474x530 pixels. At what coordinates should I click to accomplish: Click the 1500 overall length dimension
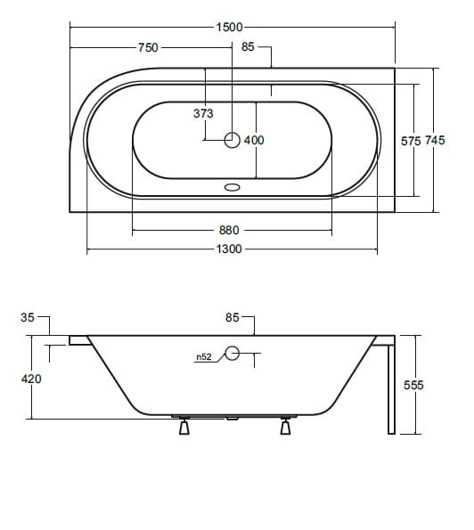coord(230,27)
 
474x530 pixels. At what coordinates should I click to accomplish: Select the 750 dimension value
coord(148,47)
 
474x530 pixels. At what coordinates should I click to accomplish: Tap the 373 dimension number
coord(203,113)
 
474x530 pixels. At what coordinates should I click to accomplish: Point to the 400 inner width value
coord(254,140)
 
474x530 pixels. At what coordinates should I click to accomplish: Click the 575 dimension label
coord(411,141)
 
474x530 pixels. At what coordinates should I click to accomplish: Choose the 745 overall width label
coord(435,140)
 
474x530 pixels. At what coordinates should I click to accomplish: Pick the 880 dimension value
coord(229,230)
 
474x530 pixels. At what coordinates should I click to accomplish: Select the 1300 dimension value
coord(229,249)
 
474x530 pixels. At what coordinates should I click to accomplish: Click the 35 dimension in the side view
coord(28,317)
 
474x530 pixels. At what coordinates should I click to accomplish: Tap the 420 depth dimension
coord(31,379)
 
